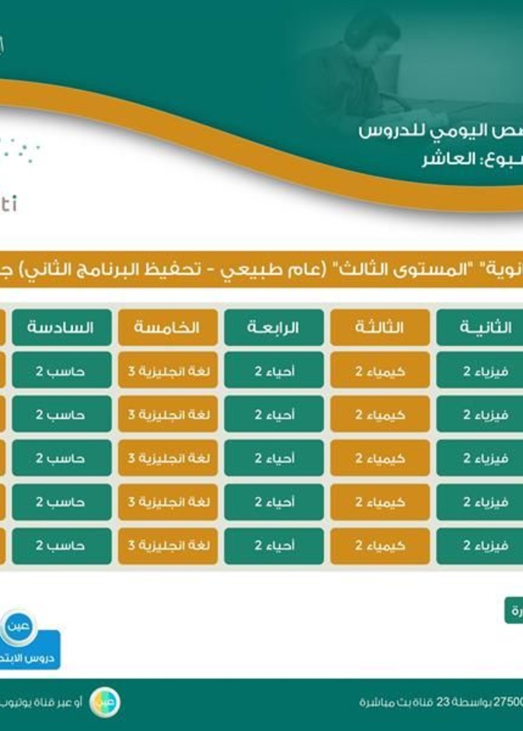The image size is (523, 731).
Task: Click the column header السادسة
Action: [61, 327]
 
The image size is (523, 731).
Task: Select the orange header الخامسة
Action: [166, 327]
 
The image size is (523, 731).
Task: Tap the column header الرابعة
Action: [274, 327]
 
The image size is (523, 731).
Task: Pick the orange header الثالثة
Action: [379, 327]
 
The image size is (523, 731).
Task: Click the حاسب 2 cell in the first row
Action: [61, 371]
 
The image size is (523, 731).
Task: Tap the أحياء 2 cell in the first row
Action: [274, 371]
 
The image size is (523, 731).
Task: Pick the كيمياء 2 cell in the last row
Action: [379, 546]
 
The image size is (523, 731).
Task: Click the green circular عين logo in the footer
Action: [105, 702]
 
